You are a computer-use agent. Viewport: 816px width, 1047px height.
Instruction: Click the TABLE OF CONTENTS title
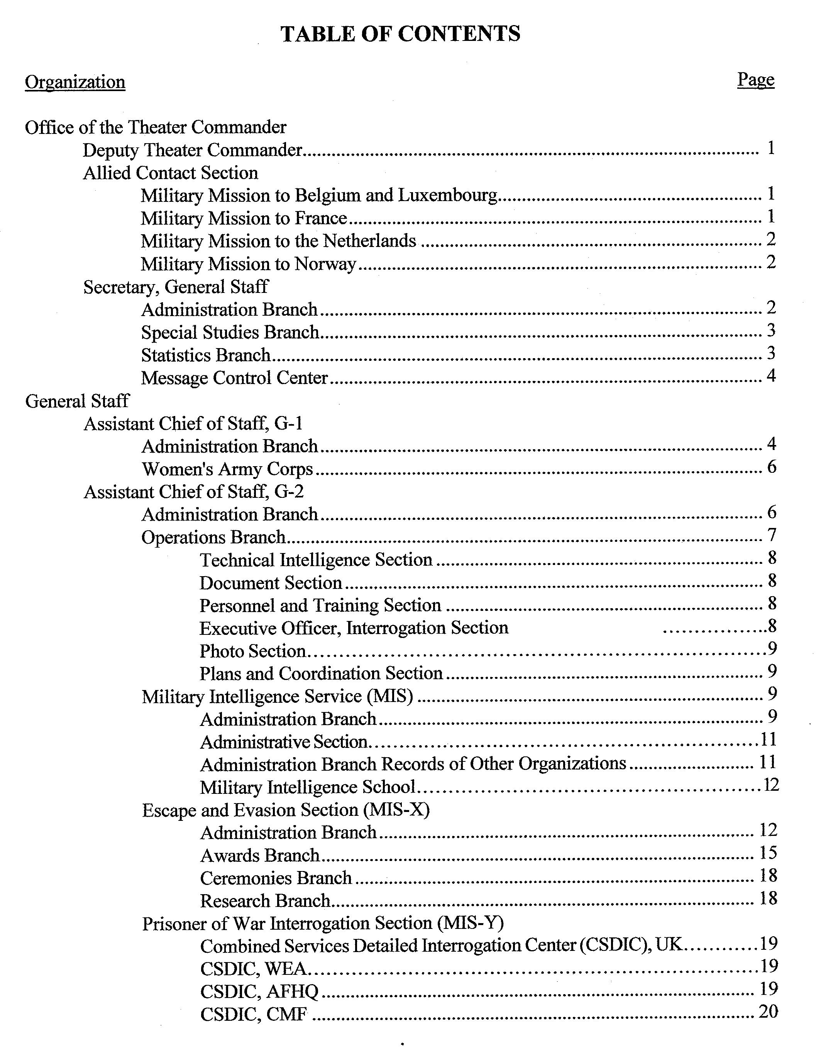coord(400,34)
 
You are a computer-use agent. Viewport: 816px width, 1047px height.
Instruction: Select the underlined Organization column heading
coord(75,82)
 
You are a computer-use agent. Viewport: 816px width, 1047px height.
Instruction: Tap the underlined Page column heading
coord(755,79)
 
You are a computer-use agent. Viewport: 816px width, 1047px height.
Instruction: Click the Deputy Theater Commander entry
coord(192,150)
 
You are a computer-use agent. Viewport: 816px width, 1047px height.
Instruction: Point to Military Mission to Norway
coord(248,264)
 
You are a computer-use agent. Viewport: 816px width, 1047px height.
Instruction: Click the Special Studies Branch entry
coord(230,332)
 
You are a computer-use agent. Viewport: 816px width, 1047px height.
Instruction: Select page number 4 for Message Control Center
coord(771,375)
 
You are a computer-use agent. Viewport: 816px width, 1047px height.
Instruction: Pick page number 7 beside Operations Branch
coord(771,534)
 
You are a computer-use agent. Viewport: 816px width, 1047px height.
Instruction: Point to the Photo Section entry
coord(253,651)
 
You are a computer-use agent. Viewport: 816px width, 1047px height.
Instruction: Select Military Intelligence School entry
coord(307,788)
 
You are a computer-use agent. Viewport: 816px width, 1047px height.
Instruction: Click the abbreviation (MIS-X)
coord(396,810)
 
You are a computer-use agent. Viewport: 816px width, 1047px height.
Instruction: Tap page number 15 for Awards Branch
coord(768,853)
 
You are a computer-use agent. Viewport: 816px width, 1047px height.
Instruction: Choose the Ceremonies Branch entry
coord(276,878)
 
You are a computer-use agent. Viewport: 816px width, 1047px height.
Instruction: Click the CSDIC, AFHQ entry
coord(259,992)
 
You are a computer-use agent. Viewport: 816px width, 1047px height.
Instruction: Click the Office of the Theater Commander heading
coord(156,127)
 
